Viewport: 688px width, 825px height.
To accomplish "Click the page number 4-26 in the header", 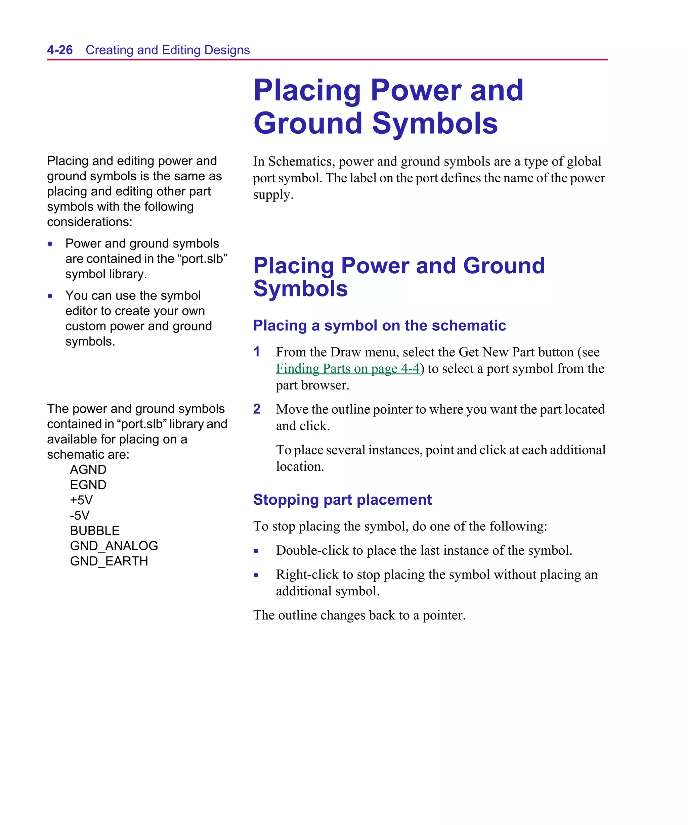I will point(60,50).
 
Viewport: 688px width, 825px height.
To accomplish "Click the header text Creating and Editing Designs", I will point(168,50).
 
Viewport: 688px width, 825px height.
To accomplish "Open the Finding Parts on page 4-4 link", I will point(348,368).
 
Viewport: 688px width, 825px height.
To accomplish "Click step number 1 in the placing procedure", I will point(257,352).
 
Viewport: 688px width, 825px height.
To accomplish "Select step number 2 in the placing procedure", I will point(257,409).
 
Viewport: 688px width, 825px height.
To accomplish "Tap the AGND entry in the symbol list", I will point(88,469).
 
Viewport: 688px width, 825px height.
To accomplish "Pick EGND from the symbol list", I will point(88,485).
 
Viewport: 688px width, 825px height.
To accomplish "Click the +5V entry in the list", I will point(81,500).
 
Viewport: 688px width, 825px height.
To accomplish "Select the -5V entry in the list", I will point(80,515).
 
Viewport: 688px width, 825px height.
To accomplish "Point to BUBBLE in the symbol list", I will point(95,531).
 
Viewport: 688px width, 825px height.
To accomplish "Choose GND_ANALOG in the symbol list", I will point(114,546).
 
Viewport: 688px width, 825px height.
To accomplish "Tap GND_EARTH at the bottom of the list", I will point(109,561).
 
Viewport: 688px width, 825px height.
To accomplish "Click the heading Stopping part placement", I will point(342,500).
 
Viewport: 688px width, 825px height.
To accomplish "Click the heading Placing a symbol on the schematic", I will point(379,325).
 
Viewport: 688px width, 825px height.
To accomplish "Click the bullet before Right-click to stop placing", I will point(256,576).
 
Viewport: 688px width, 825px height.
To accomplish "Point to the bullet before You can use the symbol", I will point(50,296).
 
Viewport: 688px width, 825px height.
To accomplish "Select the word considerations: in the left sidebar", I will point(90,222).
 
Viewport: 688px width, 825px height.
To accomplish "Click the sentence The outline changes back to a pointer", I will point(359,615).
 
